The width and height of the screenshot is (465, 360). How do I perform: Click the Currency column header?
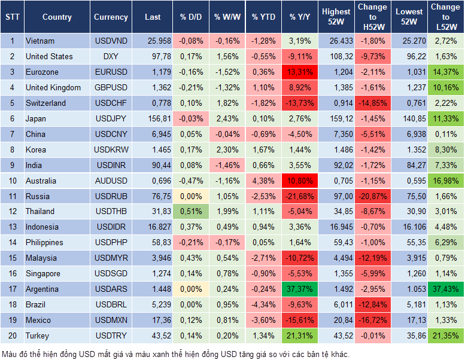(111, 17)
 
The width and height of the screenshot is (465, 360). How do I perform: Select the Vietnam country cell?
(40, 41)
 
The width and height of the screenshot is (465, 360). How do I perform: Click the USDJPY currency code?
(111, 118)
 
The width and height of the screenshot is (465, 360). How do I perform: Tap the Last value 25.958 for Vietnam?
(153, 41)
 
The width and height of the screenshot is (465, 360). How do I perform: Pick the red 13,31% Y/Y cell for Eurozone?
(300, 72)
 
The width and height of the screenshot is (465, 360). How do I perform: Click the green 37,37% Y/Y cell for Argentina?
(300, 289)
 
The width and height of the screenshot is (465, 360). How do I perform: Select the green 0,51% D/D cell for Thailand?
(190, 212)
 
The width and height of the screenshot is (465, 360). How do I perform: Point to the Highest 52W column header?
(336, 17)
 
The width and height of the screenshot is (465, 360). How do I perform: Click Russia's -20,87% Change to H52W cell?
(372, 196)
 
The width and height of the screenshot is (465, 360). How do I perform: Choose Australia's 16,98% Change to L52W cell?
(446, 181)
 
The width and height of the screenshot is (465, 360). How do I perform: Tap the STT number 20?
(11, 336)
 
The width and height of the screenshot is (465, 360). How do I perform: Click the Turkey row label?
(37, 336)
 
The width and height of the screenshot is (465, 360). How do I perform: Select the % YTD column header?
(263, 17)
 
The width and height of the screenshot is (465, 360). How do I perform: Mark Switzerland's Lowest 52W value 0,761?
(409, 103)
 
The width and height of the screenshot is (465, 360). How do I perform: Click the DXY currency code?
(111, 57)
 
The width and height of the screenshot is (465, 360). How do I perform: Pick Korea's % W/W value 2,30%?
(227, 150)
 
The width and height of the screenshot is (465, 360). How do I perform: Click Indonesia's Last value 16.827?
(153, 227)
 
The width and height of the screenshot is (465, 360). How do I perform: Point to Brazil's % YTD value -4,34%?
(263, 305)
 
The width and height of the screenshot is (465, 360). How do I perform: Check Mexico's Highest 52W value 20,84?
(336, 321)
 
